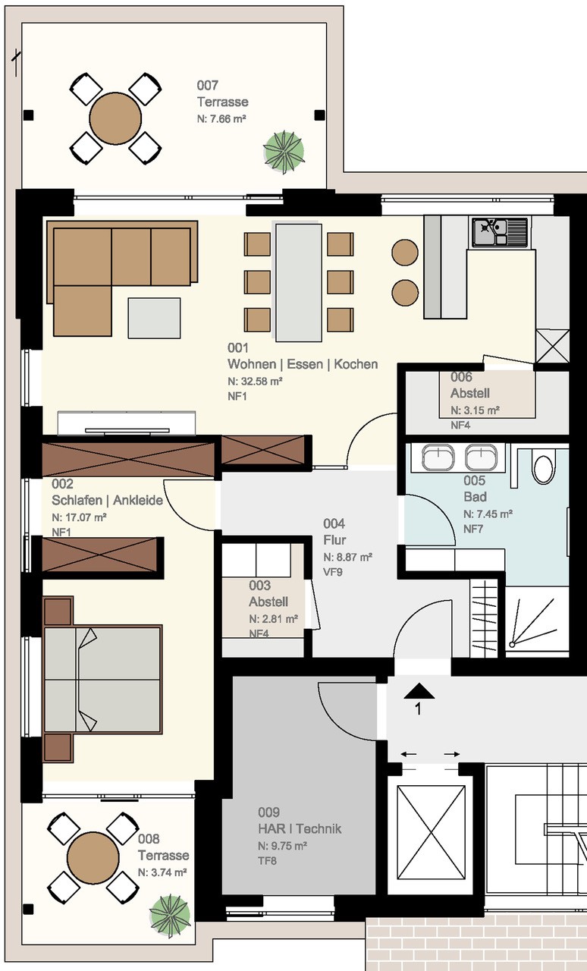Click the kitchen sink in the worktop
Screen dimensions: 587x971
point(500,232)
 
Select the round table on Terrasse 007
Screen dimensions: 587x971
point(115,118)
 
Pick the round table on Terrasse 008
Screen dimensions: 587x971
point(93,857)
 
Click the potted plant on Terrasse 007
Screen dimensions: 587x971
point(284,152)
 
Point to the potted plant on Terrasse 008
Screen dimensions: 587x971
point(170,916)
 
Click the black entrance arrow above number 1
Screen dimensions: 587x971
point(419,691)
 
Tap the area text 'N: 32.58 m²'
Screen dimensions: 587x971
point(255,381)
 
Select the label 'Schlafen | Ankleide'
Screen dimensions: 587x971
point(107,500)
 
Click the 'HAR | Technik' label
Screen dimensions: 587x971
point(300,829)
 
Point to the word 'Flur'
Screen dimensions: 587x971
point(334,540)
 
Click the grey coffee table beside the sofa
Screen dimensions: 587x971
point(154,318)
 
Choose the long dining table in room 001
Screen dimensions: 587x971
point(299,282)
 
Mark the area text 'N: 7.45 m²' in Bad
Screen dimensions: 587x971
point(488,514)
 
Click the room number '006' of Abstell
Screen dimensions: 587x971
point(461,377)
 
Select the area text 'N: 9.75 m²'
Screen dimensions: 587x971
point(283,846)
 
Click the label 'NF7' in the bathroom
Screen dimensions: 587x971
point(473,529)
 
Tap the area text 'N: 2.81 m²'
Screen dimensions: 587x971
point(273,619)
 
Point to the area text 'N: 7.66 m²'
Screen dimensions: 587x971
point(221,119)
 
